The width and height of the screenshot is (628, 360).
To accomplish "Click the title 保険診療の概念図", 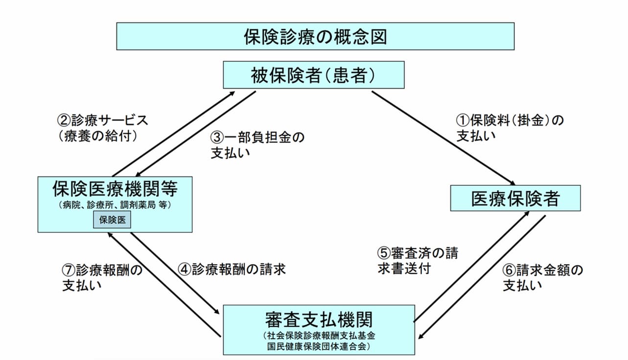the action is tap(315, 37).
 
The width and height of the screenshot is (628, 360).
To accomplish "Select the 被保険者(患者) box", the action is tap(314, 75).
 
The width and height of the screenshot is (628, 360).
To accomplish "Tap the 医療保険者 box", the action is tap(515, 198).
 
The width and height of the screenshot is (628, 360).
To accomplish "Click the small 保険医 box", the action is tap(112, 220).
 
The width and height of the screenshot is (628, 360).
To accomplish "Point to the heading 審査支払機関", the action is tap(319, 319).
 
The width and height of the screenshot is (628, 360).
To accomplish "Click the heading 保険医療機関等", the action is tap(115, 188).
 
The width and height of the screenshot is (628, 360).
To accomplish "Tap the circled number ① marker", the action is tap(463, 121).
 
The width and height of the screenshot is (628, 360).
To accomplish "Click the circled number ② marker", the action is tap(64, 120).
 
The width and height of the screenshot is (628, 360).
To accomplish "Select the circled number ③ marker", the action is tap(217, 137).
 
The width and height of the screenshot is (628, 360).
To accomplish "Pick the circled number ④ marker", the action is tap(185, 270).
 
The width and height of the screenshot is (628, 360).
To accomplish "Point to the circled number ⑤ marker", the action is tap(384, 253).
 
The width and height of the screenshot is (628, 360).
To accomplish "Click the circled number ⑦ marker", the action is tap(69, 270).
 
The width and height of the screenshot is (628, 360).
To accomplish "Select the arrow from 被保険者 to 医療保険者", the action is tap(443, 138).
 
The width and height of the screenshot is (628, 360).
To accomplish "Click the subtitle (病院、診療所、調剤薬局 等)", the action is tap(115, 205).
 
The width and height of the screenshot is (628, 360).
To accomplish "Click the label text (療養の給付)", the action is tap(98, 136).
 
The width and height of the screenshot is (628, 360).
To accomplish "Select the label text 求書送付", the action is tap(404, 269).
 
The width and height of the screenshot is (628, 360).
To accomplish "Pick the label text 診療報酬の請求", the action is tap(239, 270).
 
